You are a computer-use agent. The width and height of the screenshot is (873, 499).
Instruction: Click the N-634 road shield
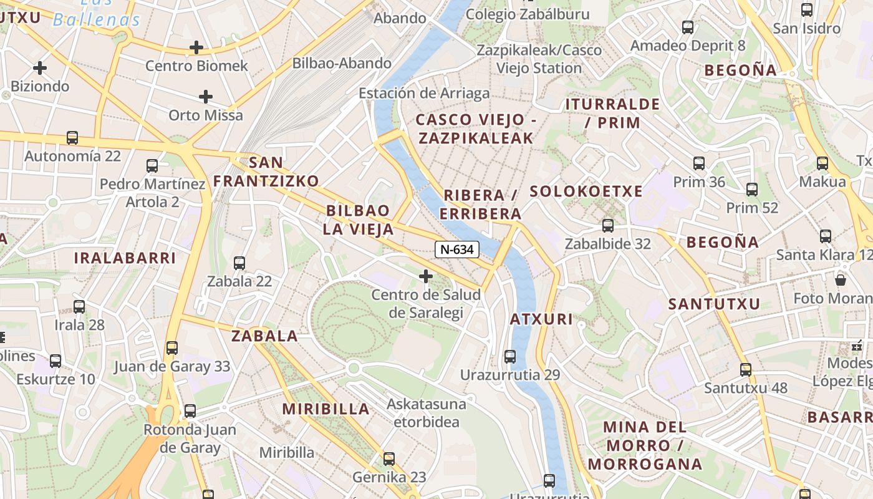(x=457, y=249)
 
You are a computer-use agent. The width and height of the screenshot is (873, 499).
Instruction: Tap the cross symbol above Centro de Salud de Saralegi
(x=426, y=276)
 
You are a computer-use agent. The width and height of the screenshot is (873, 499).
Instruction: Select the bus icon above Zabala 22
(x=239, y=263)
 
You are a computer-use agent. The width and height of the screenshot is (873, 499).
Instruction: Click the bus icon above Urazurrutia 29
(x=510, y=357)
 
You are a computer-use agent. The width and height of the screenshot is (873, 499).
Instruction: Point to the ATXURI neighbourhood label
(x=541, y=319)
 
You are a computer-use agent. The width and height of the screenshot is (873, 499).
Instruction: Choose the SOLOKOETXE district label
(x=586, y=191)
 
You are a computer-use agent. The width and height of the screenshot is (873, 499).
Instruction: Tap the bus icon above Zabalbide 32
(x=607, y=226)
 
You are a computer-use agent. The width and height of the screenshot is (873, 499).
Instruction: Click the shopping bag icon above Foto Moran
(x=840, y=279)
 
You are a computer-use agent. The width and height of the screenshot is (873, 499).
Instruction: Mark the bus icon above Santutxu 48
(x=745, y=369)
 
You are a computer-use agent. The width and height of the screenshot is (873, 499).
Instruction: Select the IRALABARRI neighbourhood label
(x=125, y=258)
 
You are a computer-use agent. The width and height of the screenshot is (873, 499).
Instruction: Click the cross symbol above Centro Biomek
(x=196, y=47)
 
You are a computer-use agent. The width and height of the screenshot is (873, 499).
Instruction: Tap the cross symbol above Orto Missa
(x=205, y=97)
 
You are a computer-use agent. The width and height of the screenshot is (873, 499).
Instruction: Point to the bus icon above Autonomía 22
(x=72, y=138)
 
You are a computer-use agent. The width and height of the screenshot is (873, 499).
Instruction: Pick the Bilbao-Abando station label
(x=342, y=63)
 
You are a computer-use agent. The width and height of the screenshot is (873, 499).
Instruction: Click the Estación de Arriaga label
(x=424, y=94)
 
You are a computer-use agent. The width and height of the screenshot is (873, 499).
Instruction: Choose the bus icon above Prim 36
(x=699, y=163)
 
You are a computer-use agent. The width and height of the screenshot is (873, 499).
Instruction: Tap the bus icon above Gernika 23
(x=389, y=459)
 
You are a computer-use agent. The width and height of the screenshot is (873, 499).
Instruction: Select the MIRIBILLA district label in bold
(x=326, y=409)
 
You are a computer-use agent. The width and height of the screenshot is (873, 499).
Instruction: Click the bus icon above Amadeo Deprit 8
(x=688, y=27)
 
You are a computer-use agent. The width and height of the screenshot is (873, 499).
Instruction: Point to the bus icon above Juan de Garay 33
(x=171, y=348)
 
